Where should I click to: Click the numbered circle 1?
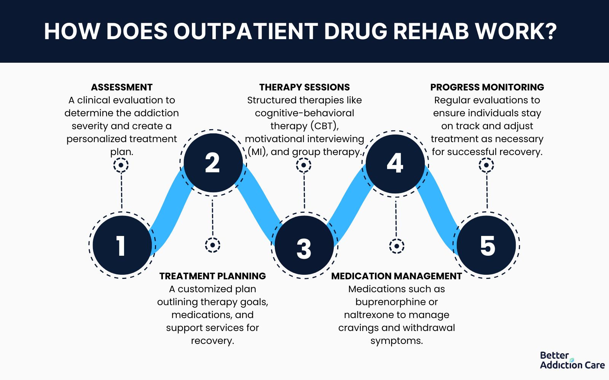[122, 245]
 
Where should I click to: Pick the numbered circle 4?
[395, 163]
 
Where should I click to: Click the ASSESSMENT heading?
[122, 87]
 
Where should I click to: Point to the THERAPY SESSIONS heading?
[304, 87]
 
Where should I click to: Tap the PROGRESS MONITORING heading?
[487, 87]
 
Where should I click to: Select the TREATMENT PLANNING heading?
[213, 276]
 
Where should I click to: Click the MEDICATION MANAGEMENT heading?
[397, 276]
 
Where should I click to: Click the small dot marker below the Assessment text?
[121, 165]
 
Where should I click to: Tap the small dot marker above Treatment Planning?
[212, 245]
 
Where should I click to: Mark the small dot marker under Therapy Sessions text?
[304, 165]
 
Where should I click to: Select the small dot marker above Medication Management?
[397, 246]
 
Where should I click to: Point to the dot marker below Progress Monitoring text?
[486, 165]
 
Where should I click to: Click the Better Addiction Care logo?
[572, 360]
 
